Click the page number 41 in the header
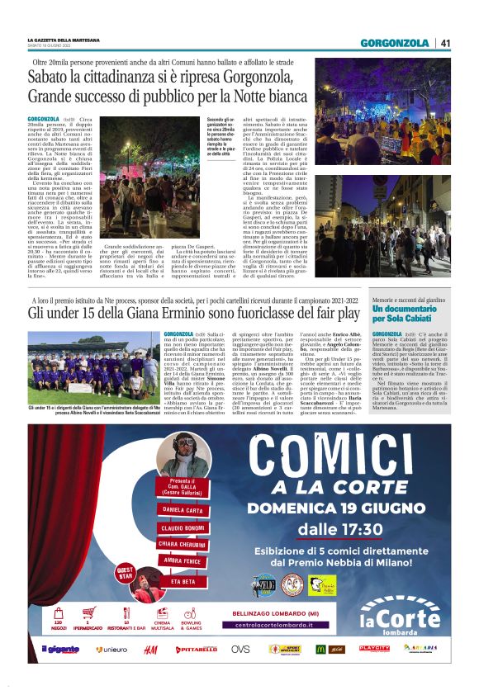pyautogui.click(x=445, y=43)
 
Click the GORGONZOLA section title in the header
pyautogui.click(x=395, y=43)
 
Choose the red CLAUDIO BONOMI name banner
pyautogui.click(x=183, y=527)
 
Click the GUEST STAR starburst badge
pyautogui.click(x=126, y=571)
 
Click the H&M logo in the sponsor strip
pyautogui.click(x=150, y=650)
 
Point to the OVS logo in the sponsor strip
pyautogui.click(x=240, y=650)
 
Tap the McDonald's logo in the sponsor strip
pyautogui.click(x=320, y=650)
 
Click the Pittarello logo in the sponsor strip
pyautogui.click(x=196, y=650)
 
